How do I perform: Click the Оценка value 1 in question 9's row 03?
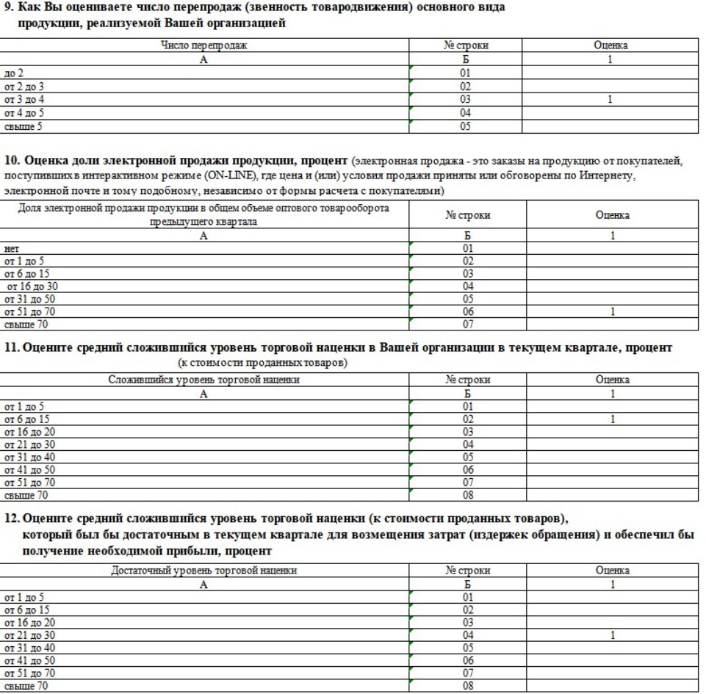pos(610,99)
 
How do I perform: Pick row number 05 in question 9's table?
pos(465,126)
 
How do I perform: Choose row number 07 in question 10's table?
pos(465,324)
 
